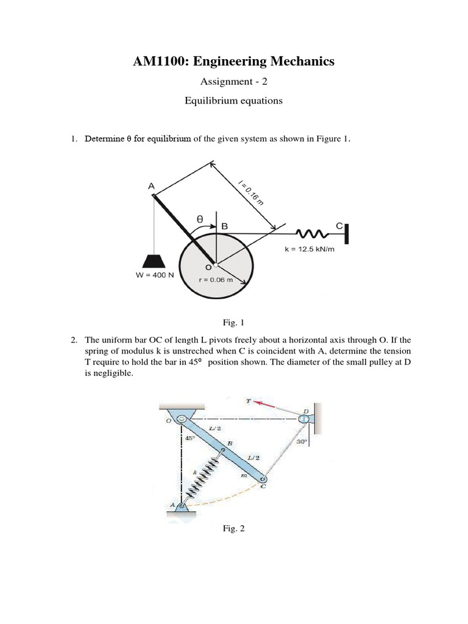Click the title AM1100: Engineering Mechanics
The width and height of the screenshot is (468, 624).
pyautogui.click(x=233, y=61)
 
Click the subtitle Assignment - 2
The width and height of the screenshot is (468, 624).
pyautogui.click(x=233, y=82)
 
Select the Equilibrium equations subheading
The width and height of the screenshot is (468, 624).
pyautogui.click(x=233, y=101)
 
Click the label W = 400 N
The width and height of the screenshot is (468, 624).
pyautogui.click(x=155, y=275)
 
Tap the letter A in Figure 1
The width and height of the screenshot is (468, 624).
pyautogui.click(x=151, y=186)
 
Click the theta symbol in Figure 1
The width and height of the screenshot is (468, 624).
pyautogui.click(x=199, y=217)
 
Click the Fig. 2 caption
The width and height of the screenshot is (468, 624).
pyautogui.click(x=233, y=529)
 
